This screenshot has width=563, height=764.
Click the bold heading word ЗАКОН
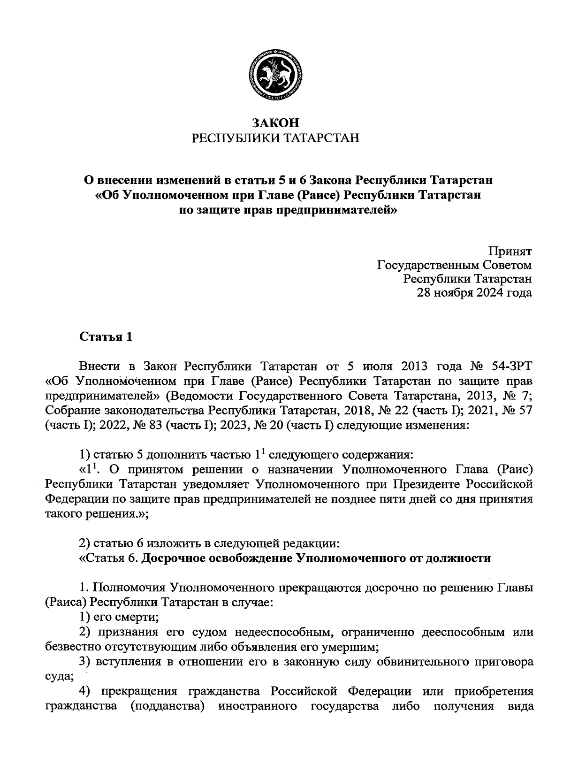coord(275,123)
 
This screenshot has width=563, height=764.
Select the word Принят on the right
coord(510,251)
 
